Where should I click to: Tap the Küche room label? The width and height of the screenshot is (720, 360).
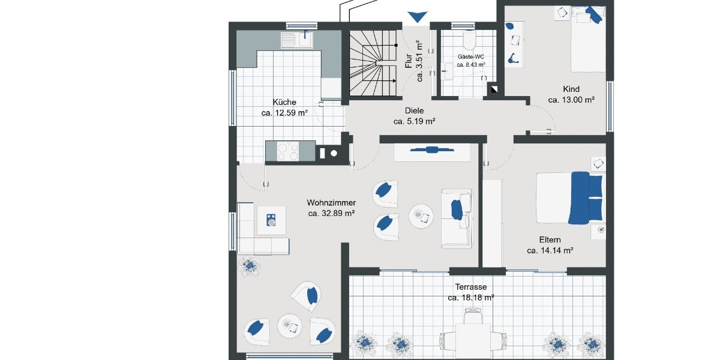pos(284,102)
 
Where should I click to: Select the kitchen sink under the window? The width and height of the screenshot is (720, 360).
pos(298,40)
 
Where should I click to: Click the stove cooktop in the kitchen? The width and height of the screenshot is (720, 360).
pos(288,151)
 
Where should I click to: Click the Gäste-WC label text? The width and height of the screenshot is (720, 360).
pos(471,56)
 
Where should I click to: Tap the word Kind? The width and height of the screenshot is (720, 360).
pos(571,89)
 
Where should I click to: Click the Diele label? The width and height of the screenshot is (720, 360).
pos(414,110)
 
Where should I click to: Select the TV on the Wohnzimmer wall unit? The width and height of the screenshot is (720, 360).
pos(431,150)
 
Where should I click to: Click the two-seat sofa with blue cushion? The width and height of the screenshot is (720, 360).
pos(457,218)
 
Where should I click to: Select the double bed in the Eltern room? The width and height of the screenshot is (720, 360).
pos(570,197)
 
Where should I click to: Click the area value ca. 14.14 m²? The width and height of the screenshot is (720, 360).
pos(550,251)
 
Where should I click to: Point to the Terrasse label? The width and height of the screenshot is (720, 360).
pos(471,287)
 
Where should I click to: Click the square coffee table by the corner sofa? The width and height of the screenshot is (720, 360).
pos(271,220)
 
